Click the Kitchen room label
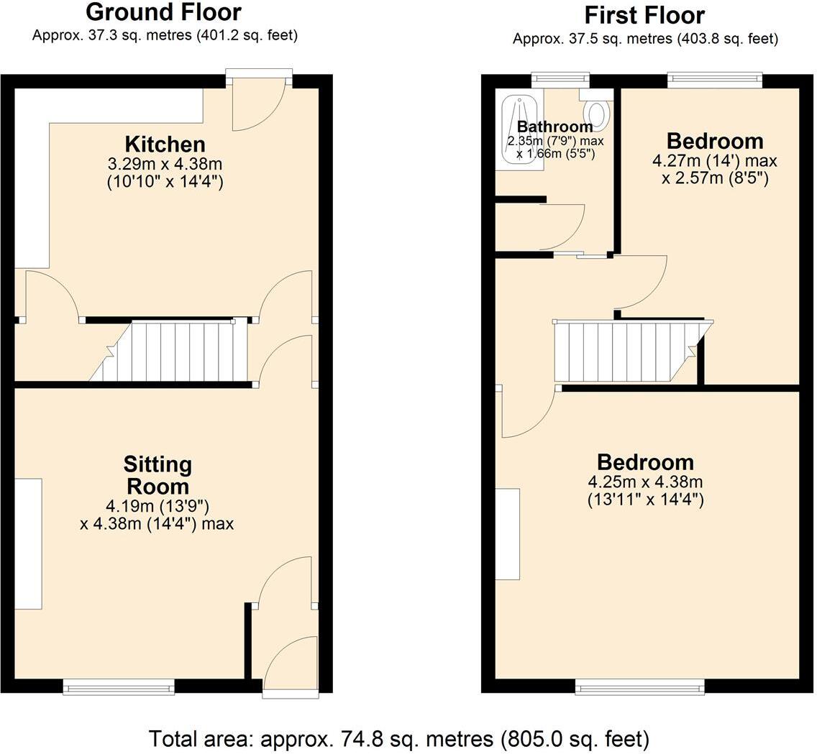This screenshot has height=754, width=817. click(165, 144)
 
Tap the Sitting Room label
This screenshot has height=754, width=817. click(157, 475)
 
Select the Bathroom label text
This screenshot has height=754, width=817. click(554, 127)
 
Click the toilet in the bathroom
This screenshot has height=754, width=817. click(597, 114)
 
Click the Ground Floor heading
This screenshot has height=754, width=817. click(163, 12)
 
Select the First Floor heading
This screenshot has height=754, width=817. click(644, 15)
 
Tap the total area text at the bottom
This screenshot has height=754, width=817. click(398, 738)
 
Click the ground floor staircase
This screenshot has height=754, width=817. click(173, 351)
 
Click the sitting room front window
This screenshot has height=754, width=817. click(119, 688)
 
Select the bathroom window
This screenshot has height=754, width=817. click(560, 79)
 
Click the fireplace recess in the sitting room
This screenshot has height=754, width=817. click(28, 543)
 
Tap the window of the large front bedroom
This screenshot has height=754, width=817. click(640, 688)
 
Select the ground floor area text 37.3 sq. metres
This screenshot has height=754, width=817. click(165, 35)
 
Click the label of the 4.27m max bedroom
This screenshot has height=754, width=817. click(714, 141)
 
